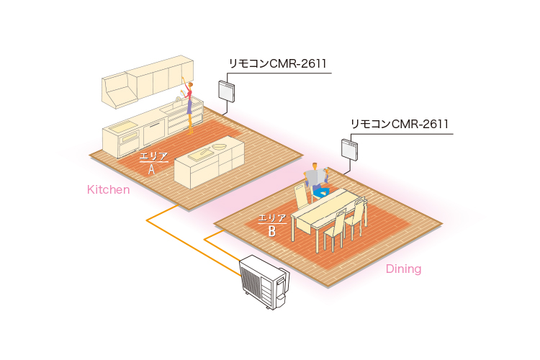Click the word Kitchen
coord(108,190)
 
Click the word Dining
coord(403,269)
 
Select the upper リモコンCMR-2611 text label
coord(277,64)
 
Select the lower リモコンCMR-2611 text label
coord(400,124)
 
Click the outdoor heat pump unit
coord(264,283)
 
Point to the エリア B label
coord(272,224)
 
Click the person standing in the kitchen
coord(189,104)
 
